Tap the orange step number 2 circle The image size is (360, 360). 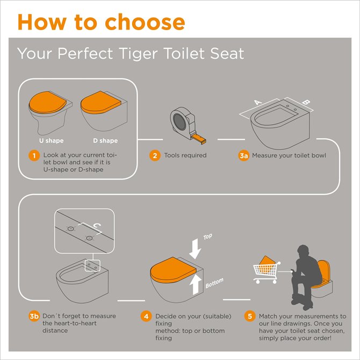155,156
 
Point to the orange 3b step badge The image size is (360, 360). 34,316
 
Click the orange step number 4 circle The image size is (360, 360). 146,316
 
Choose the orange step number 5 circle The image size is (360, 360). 249,316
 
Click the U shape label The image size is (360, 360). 52,141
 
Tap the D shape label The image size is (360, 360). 105,141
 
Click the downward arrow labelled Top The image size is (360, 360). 195,247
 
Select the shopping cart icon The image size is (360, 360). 266,269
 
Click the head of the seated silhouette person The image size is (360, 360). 303,252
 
